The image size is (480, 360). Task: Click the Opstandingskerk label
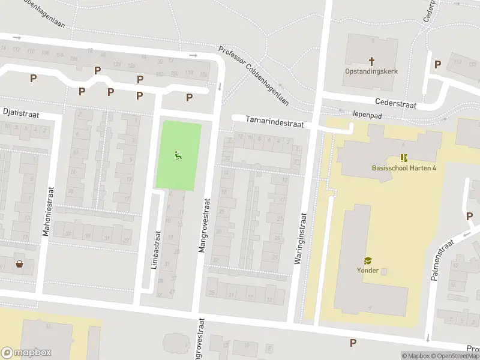371,71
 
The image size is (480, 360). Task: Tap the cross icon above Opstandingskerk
371,61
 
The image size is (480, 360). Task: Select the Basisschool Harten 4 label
404,167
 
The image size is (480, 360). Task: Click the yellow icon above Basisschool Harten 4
404,158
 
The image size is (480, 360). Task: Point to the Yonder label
367,270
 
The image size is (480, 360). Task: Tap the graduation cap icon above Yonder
367,260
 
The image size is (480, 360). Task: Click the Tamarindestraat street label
275,122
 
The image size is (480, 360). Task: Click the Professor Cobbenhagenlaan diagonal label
254,76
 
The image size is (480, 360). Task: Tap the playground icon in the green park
178,156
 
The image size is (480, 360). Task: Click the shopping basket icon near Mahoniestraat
19,263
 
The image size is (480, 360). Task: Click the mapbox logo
26,353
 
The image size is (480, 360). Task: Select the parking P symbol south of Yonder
353,343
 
